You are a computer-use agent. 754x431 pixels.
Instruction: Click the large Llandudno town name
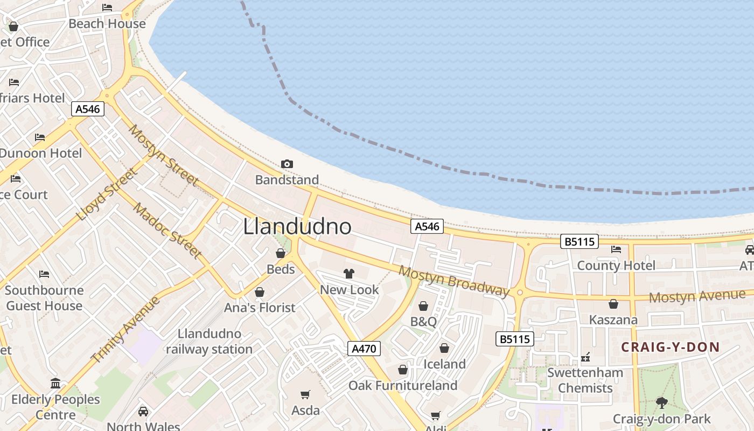point(297,227)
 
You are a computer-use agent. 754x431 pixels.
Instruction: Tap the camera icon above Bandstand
point(287,164)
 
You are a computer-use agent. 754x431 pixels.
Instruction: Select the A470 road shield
point(364,349)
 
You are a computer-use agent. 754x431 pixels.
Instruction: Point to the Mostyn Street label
point(164,156)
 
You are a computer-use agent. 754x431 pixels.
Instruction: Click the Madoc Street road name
point(167,231)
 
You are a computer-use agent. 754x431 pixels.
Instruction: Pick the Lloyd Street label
point(107,194)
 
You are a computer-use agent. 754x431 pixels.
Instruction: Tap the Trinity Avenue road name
point(125,329)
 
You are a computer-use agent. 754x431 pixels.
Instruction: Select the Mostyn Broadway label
point(453,281)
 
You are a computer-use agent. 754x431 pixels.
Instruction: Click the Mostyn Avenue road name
point(697,296)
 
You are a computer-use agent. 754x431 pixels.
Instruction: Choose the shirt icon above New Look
point(349,274)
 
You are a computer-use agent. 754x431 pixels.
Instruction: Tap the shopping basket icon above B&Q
point(423,307)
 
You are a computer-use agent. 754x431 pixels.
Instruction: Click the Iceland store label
point(444,364)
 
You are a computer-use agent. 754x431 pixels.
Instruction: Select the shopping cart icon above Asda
point(305,395)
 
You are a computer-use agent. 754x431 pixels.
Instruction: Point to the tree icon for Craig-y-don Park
point(661,402)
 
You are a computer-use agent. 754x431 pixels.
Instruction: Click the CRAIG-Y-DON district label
point(671,347)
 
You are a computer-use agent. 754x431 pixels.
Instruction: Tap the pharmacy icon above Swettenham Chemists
point(585,357)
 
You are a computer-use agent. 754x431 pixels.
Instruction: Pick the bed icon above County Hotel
point(616,249)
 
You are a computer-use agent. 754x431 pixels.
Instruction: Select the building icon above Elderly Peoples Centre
point(55,384)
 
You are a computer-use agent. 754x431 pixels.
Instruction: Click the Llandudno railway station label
point(209,342)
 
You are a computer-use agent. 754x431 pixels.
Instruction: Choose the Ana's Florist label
point(260,308)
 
